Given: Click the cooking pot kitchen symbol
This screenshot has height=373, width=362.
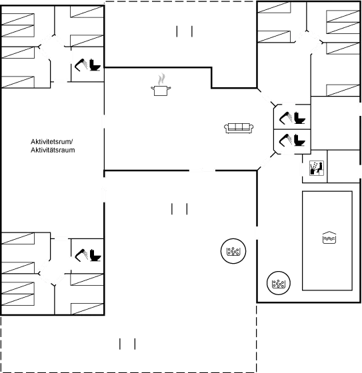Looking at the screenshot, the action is click(x=161, y=91).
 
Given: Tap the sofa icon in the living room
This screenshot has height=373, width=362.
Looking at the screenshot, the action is click(x=239, y=128).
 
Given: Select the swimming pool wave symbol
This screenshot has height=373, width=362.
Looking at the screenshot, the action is click(x=329, y=238).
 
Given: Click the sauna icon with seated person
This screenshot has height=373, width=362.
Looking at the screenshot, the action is click(x=317, y=168).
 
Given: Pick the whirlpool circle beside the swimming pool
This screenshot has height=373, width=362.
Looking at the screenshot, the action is click(x=279, y=283).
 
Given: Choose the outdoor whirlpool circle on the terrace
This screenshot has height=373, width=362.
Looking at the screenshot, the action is click(x=233, y=251).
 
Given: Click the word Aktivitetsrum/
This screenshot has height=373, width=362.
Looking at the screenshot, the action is click(x=52, y=141).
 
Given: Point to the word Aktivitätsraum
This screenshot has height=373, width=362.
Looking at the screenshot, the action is click(x=53, y=150).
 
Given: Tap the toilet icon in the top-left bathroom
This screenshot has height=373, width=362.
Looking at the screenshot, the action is click(x=95, y=65).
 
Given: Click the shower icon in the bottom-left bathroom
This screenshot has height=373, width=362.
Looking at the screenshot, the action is click(x=81, y=255).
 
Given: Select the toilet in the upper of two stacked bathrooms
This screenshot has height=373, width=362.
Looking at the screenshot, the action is click(x=299, y=118).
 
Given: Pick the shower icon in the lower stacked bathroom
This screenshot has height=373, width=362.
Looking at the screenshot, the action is click(x=285, y=140).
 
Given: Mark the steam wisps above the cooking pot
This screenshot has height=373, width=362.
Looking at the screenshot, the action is click(x=161, y=79).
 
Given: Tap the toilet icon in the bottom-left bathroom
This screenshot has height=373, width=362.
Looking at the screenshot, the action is click(x=95, y=255).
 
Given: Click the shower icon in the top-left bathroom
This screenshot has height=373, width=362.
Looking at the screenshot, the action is click(x=81, y=65).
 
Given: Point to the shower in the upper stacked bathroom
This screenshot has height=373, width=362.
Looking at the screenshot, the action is click(x=285, y=118).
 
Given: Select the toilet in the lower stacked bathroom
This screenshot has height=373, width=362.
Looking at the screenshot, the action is click(x=299, y=140).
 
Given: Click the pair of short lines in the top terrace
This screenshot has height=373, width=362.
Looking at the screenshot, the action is click(x=185, y=31).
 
